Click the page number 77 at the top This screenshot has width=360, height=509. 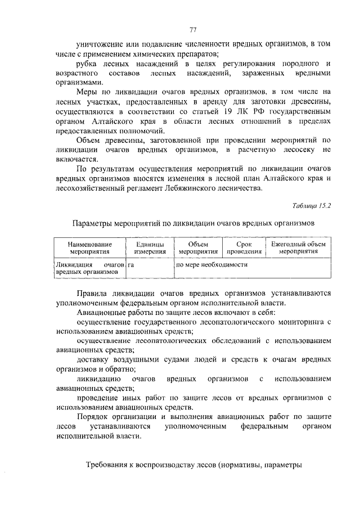click(192, 30)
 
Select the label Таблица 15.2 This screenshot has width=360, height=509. click(313, 206)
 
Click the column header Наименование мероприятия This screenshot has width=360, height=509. click(90, 248)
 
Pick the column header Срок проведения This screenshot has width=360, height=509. click(236, 248)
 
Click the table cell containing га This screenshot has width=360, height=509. click(131, 264)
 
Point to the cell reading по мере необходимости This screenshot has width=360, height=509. click(212, 264)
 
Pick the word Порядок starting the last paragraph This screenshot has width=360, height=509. click(94, 416)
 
